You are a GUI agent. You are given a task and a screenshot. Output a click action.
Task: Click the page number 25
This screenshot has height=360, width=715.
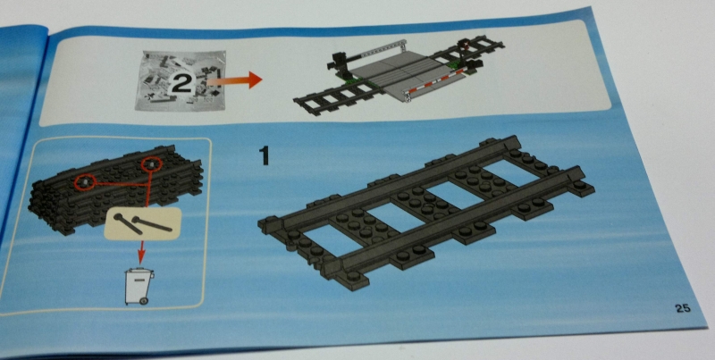coord(683,309)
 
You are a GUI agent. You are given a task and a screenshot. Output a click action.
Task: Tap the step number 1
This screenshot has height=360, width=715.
coord(264,155)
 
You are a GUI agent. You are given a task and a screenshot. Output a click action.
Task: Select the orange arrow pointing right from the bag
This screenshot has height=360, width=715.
coord(234,80)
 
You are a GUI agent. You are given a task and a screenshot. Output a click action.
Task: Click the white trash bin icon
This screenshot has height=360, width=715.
coord(139,286)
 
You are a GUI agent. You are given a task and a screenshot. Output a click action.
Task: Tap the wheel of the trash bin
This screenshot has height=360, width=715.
coord(144,301)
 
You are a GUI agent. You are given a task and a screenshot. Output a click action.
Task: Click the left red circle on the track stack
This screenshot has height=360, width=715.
coord(84,183)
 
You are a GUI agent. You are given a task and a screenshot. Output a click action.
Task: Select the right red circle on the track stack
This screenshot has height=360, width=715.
coord(151,164)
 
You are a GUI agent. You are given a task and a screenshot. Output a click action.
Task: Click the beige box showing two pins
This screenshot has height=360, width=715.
coord(143,223)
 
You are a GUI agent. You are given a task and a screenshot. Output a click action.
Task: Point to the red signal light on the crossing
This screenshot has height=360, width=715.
coord(466,44)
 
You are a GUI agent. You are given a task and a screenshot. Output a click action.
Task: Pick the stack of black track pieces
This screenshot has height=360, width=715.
coord(116,188)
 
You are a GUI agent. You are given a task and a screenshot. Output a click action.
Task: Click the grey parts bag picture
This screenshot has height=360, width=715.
coord(181,80)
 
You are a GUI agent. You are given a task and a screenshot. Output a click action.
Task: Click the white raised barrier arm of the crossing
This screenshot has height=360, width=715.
coord(383,50)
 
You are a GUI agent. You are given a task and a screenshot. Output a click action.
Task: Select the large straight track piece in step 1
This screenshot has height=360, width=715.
coord(426,213)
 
